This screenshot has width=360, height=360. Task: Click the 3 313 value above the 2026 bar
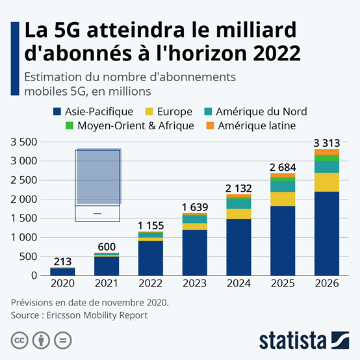[x=326, y=143]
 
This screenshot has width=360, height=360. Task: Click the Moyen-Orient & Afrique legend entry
[x=129, y=125]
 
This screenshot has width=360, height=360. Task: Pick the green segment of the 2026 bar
[x=326, y=158]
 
